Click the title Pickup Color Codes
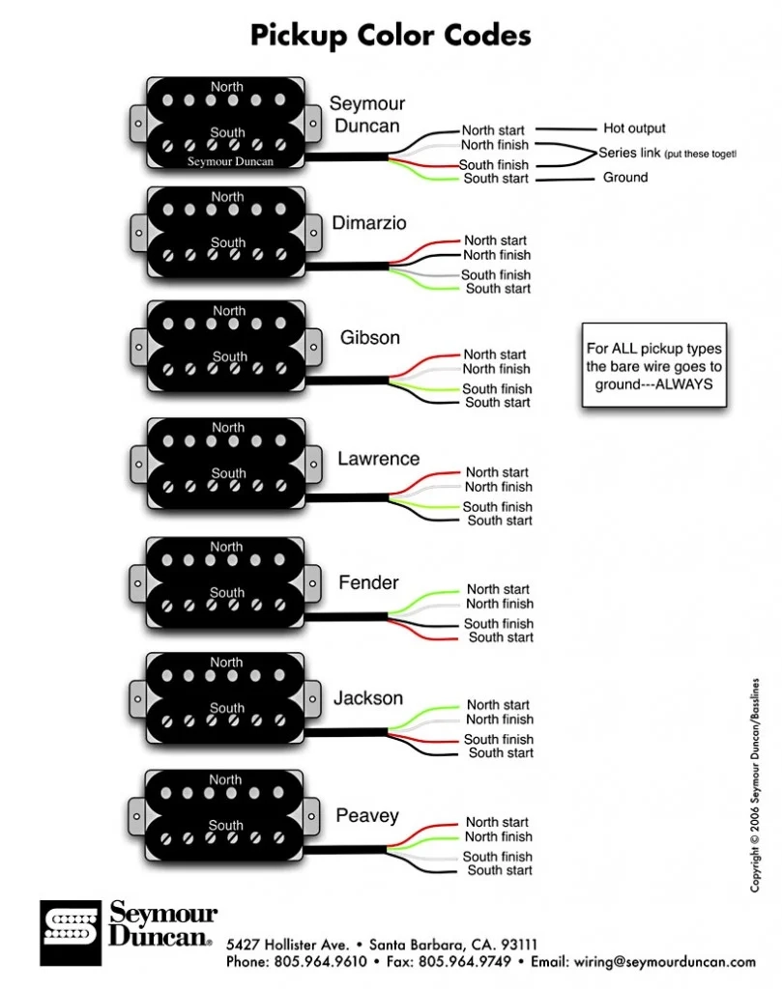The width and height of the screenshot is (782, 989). [391, 36]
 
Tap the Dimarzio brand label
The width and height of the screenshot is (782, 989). [369, 223]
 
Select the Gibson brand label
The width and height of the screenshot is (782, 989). [369, 338]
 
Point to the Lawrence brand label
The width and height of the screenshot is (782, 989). [378, 459]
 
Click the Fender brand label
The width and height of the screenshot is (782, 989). [368, 582]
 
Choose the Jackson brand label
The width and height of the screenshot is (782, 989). [368, 697]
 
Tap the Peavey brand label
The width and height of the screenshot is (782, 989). [367, 816]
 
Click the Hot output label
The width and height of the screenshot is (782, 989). [634, 128]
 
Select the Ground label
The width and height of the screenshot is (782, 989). [625, 178]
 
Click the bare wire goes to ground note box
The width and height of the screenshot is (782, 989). [653, 365]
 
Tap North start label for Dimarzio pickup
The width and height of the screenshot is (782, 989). [495, 240]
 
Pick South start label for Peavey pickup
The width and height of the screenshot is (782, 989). [500, 870]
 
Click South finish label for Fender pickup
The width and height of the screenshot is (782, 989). [499, 624]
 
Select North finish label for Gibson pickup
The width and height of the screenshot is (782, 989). [497, 369]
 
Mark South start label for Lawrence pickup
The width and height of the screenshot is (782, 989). [500, 521]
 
